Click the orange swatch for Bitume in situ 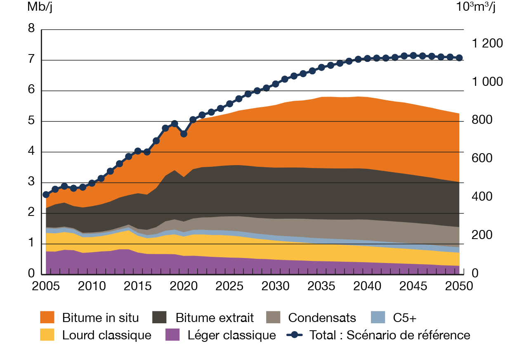click(x=47, y=317)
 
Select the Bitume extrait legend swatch click(x=160, y=317)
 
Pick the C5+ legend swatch click(x=378, y=317)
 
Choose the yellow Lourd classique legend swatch click(x=47, y=335)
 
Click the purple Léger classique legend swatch click(x=172, y=335)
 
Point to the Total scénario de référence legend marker click(x=295, y=335)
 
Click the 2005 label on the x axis click(x=45, y=286)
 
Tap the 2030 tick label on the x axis click(x=276, y=286)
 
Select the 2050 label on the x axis click(x=459, y=286)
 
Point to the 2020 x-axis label click(x=184, y=286)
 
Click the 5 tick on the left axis click(x=31, y=121)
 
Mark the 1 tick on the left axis click(x=31, y=244)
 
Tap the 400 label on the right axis click(x=481, y=197)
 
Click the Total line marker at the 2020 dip click(x=184, y=134)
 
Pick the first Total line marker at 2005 click(x=46, y=194)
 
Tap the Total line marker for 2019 click(x=175, y=123)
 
